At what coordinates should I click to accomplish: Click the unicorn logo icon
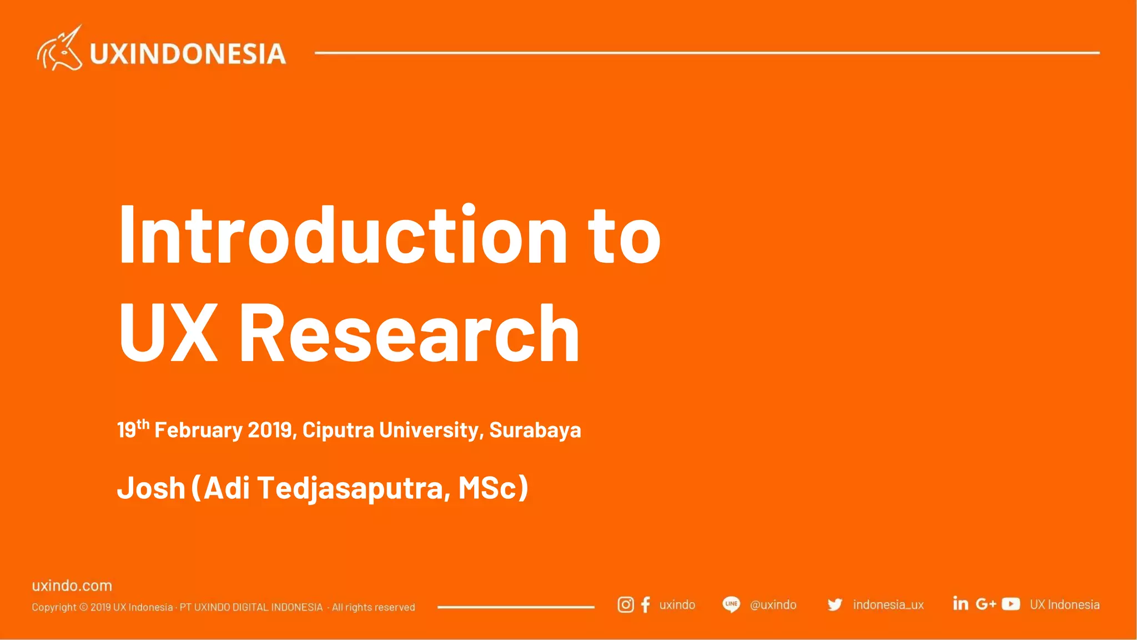(x=59, y=49)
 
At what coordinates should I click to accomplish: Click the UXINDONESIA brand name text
(x=188, y=54)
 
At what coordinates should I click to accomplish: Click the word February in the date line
(x=198, y=430)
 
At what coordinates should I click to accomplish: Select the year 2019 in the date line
(x=270, y=430)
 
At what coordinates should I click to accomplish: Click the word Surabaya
(x=535, y=430)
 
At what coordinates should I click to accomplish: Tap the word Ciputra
(x=338, y=430)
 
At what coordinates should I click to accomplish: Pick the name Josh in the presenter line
(x=151, y=488)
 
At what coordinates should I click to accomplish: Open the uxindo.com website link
(x=72, y=586)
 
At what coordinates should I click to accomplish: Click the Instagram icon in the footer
(x=626, y=604)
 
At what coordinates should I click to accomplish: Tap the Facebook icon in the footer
(x=645, y=604)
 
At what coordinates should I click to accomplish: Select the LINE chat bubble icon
(x=731, y=604)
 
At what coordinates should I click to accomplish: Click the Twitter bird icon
(x=834, y=604)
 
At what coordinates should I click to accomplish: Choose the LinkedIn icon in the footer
(x=960, y=603)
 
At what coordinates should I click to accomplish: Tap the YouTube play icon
(x=1010, y=604)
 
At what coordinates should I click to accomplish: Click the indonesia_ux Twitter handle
(x=888, y=604)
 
